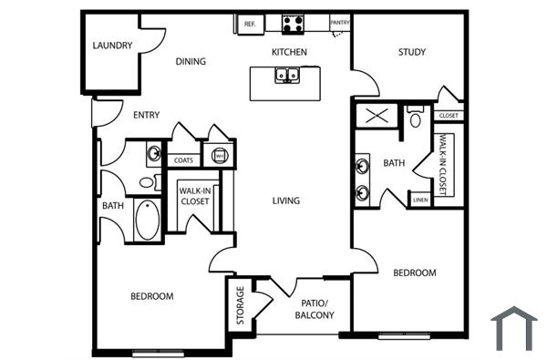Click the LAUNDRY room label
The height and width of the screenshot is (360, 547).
coord(113,46)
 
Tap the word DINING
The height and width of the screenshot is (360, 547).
coord(191,62)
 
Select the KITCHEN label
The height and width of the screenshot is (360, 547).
coord(289,52)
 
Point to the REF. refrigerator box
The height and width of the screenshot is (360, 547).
coord(249,25)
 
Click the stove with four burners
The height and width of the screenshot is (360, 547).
coord(293,24)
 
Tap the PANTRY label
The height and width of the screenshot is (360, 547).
coord(339,23)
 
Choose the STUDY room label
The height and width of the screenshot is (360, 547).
coord(412,52)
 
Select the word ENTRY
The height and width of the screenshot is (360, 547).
coord(147,115)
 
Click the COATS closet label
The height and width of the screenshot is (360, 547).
coord(183,159)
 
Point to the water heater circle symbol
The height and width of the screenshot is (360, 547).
coord(219,156)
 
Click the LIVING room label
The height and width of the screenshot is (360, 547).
coord(286,201)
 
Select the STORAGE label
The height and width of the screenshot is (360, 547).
coord(241,304)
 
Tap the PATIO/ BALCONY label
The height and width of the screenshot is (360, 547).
coord(315,310)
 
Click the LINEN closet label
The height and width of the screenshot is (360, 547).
coord(420,200)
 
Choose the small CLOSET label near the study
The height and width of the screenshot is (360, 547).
coord(449,116)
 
